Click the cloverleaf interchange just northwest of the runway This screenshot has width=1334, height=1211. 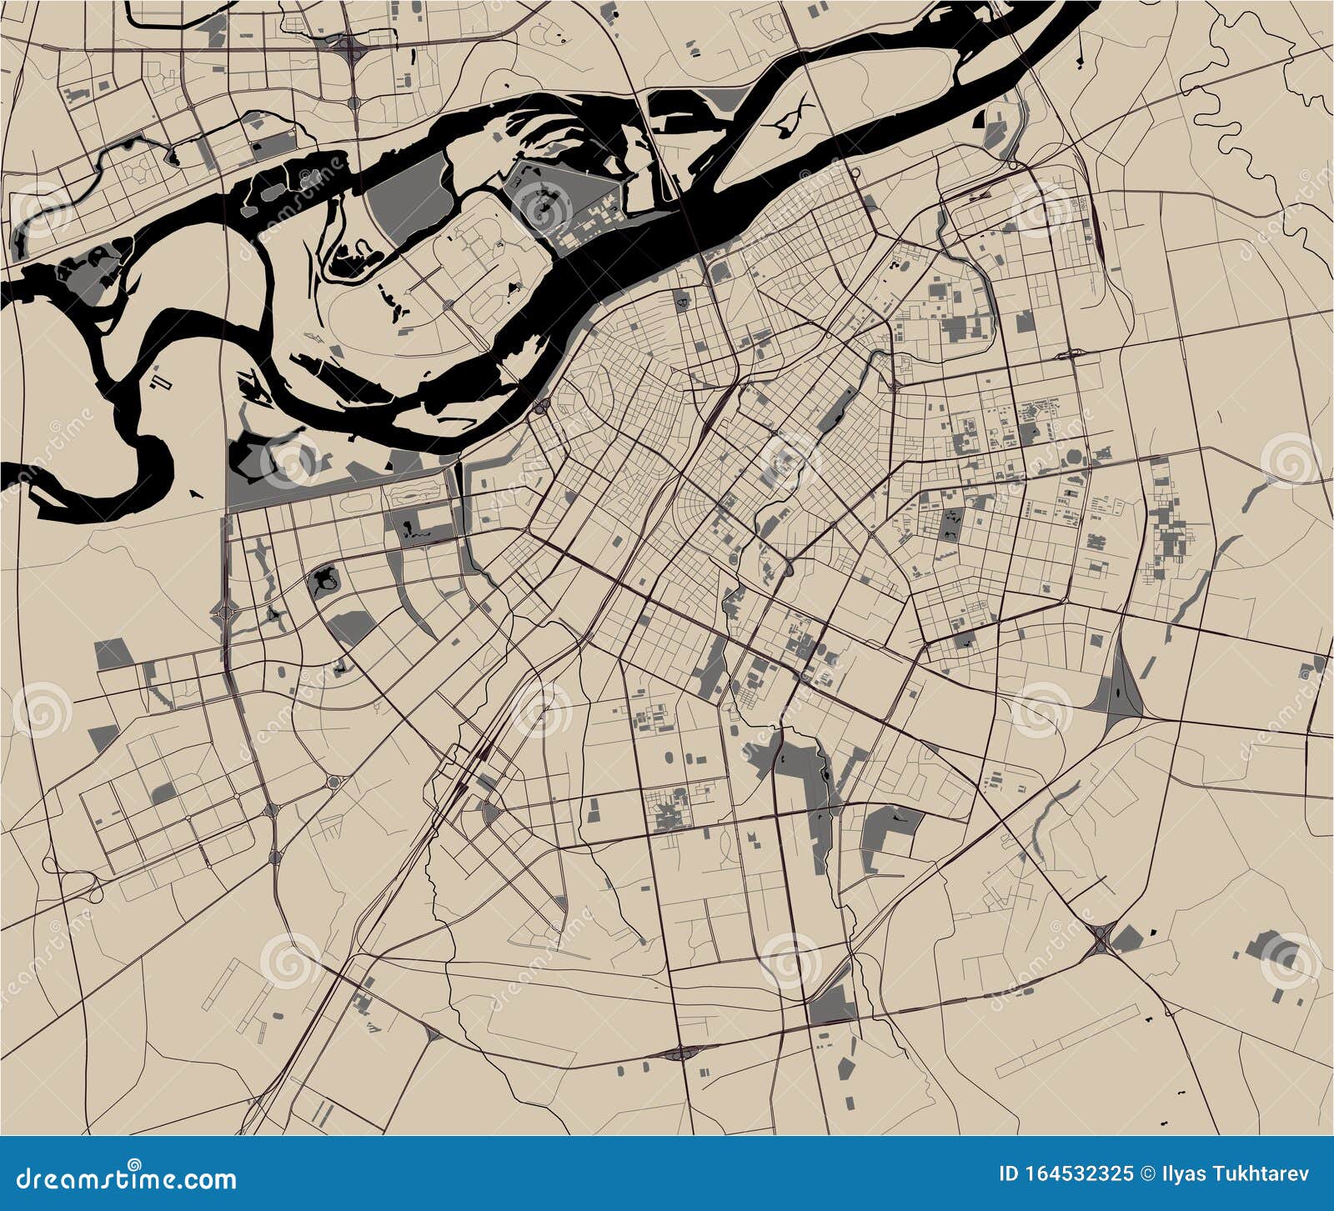coord(1102,942)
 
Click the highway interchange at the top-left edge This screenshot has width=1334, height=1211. coord(352,50)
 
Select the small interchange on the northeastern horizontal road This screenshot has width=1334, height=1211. coord(1076,353)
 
